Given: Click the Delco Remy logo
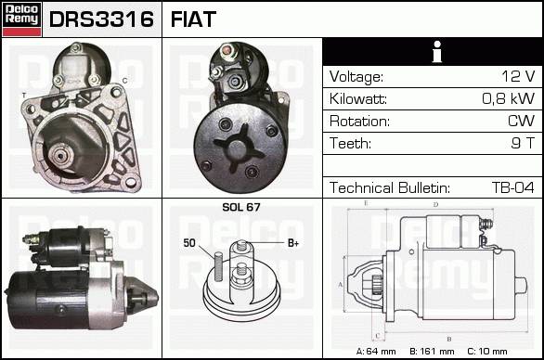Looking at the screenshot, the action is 21,19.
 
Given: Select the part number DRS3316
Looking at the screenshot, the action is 101,19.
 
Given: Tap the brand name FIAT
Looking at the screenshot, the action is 193,19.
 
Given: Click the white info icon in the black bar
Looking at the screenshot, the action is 437,52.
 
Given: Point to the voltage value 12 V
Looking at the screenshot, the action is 518,76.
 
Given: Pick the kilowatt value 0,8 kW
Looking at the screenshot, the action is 509,98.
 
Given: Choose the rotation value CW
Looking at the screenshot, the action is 522,121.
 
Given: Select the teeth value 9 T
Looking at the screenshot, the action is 523,143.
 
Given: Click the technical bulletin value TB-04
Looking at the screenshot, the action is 513,187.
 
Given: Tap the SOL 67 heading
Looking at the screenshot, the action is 241,207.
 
